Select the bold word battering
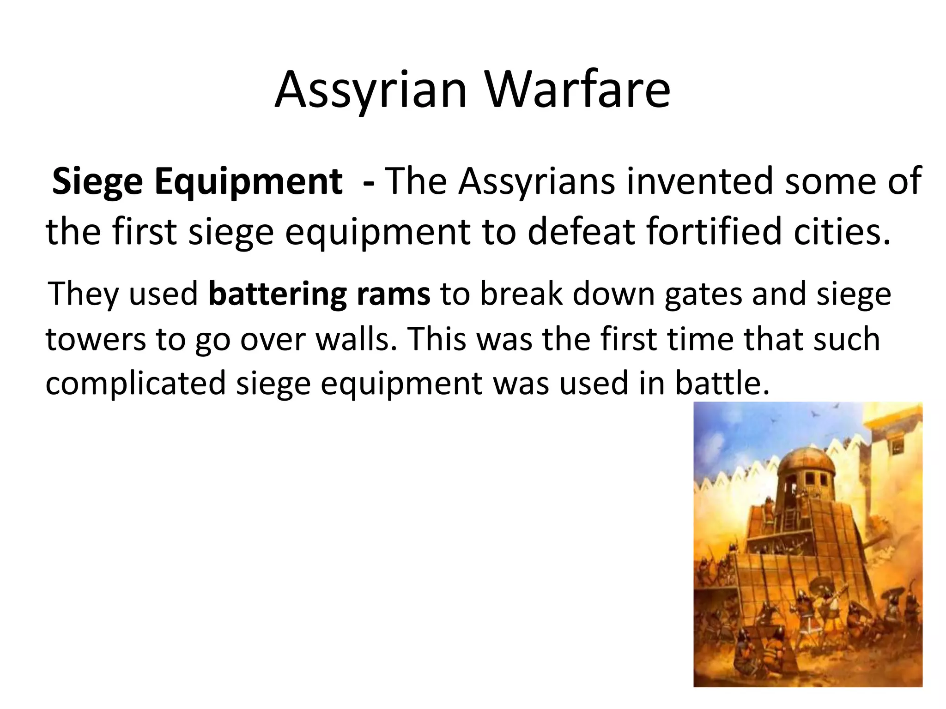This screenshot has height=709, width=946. (277, 294)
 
